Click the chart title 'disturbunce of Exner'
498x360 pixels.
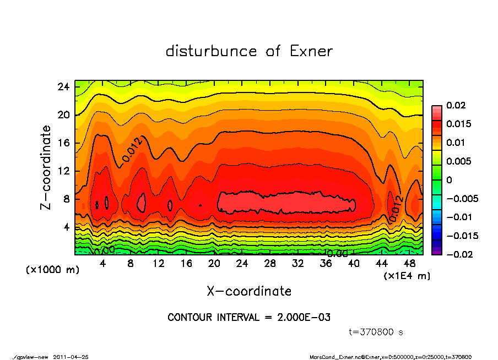(249, 51)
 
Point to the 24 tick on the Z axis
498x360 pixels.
(64, 87)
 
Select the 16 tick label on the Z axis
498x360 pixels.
(64, 143)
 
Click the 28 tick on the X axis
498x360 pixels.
(270, 264)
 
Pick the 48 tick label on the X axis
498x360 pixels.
(410, 264)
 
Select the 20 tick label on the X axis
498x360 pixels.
(214, 264)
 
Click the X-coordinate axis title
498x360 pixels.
(249, 291)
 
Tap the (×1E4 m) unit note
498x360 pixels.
(407, 275)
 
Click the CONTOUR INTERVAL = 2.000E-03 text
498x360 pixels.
(249, 318)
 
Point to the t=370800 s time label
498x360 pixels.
(376, 332)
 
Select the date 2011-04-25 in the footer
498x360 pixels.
(71, 357)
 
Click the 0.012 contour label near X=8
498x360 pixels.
(132, 149)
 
